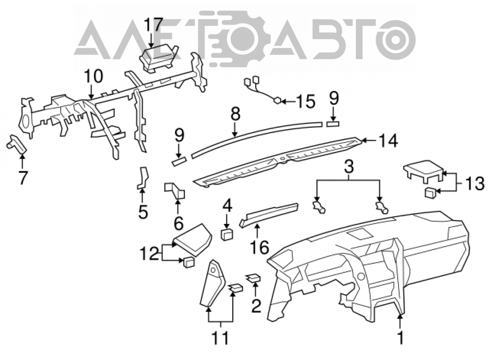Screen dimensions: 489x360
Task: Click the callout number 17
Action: (x=154, y=25)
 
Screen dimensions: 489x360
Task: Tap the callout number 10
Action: (x=93, y=76)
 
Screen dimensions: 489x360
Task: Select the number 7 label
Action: (x=22, y=178)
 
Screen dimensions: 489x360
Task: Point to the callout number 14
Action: (x=388, y=140)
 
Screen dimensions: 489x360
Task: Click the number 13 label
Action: (x=475, y=183)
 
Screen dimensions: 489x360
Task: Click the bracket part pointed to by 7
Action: (x=17, y=144)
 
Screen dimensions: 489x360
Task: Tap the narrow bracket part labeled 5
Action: (x=143, y=178)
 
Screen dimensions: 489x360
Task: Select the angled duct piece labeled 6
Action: (x=175, y=191)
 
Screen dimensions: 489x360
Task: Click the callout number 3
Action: (x=349, y=167)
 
